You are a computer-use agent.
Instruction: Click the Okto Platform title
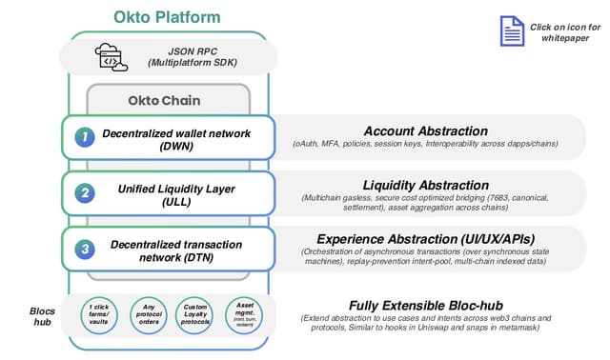[167, 17]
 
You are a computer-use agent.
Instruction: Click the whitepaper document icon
[512, 30]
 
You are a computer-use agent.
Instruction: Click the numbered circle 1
[85, 137]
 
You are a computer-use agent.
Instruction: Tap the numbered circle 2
[85, 193]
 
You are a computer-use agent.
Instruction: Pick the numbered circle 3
[85, 250]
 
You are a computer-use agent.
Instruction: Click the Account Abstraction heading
[425, 130]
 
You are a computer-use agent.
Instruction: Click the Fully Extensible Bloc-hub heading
[425, 304]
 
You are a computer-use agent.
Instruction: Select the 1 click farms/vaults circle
[98, 315]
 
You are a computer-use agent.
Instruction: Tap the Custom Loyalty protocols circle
[194, 315]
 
